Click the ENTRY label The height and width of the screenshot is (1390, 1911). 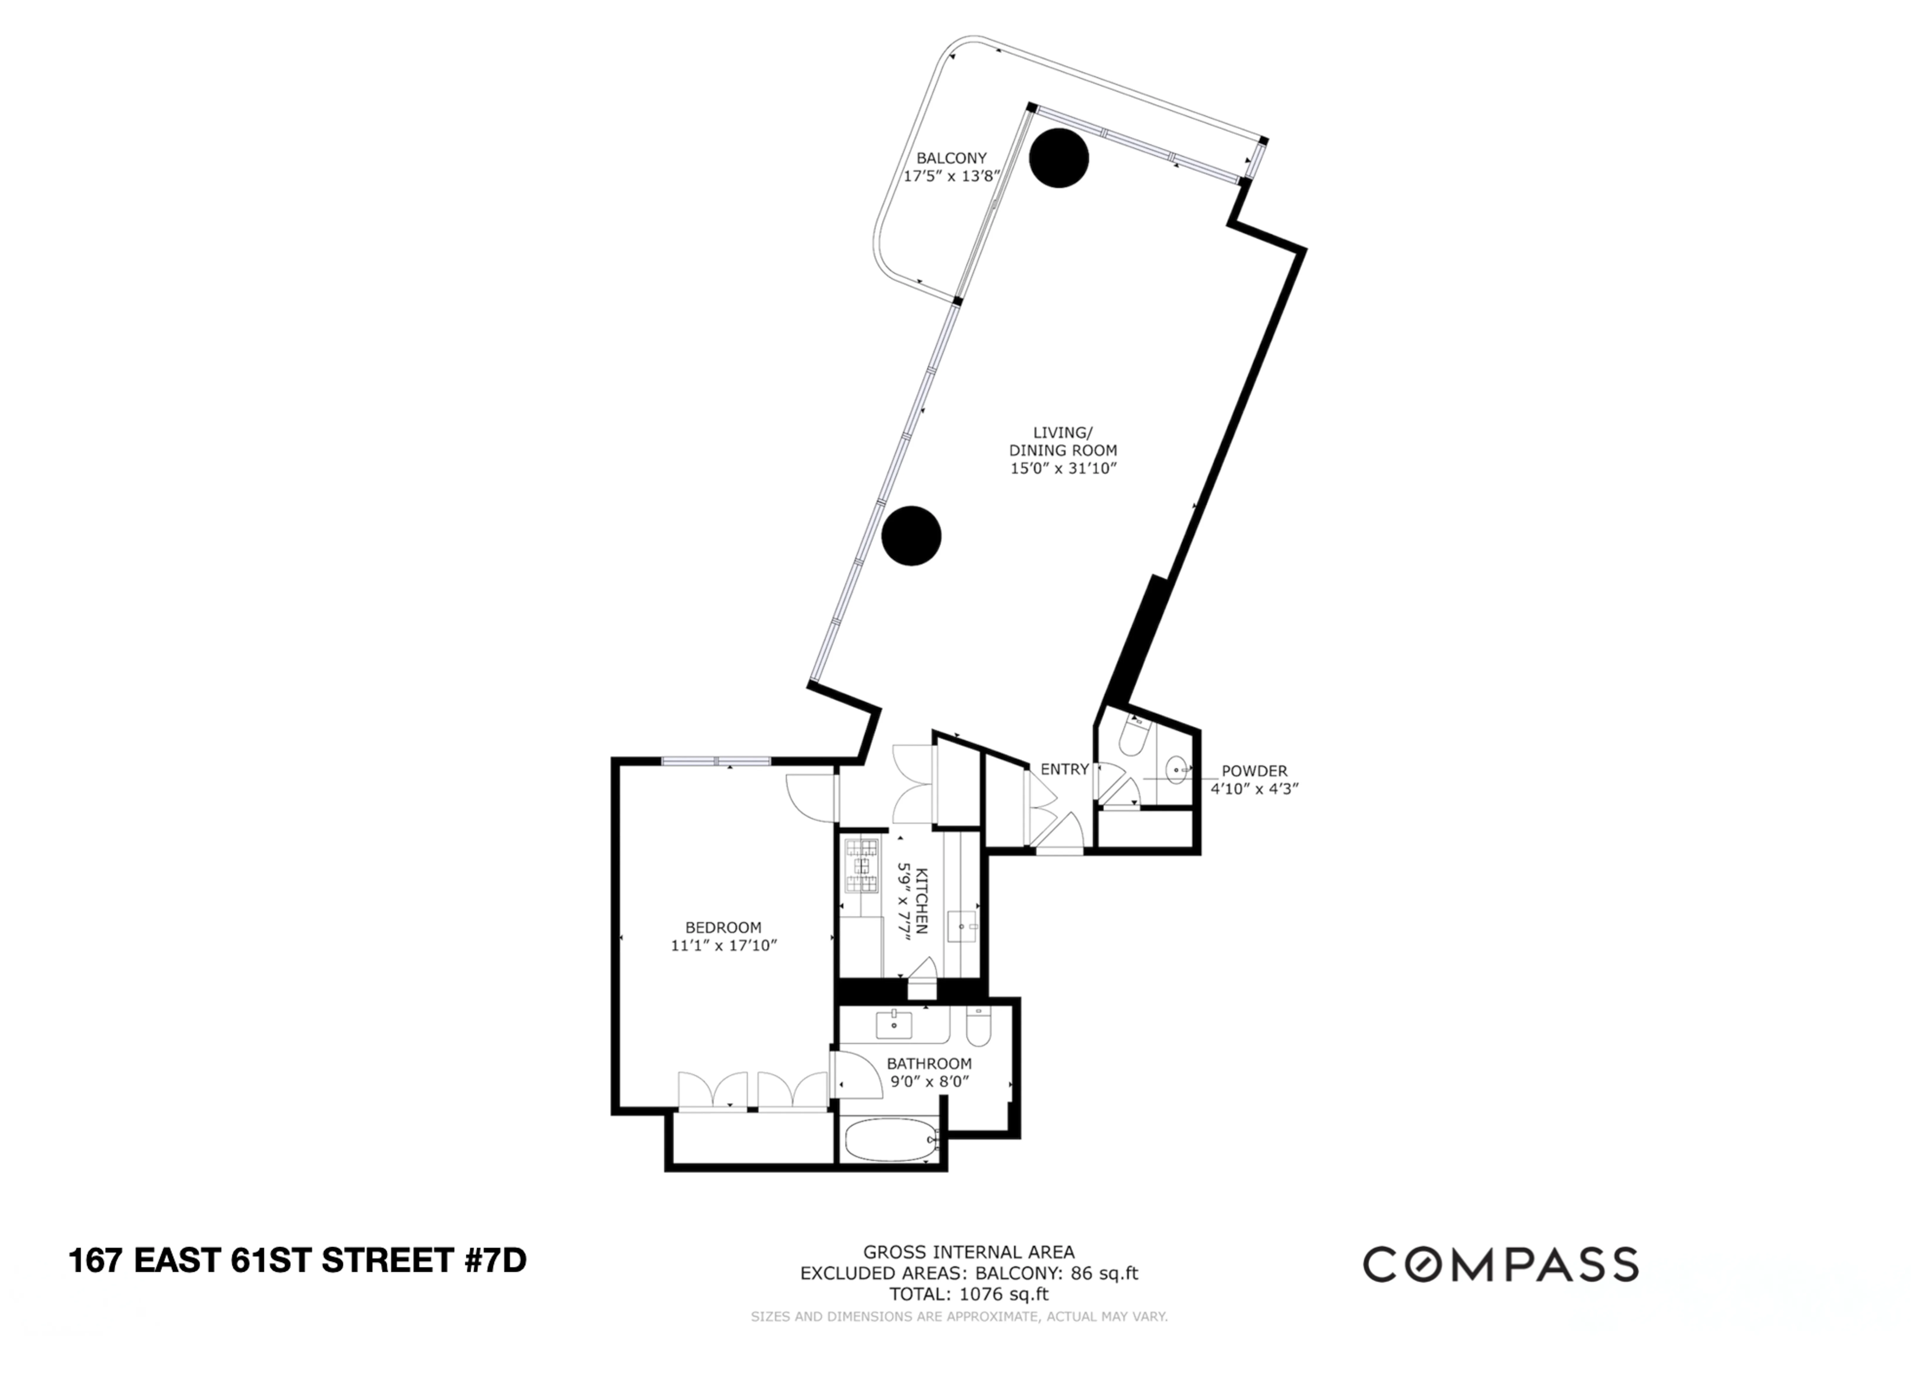point(1064,769)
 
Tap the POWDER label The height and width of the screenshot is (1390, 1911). point(1254,771)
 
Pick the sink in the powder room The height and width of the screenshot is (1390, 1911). point(1177,769)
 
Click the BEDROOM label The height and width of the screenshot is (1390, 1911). point(723,928)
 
